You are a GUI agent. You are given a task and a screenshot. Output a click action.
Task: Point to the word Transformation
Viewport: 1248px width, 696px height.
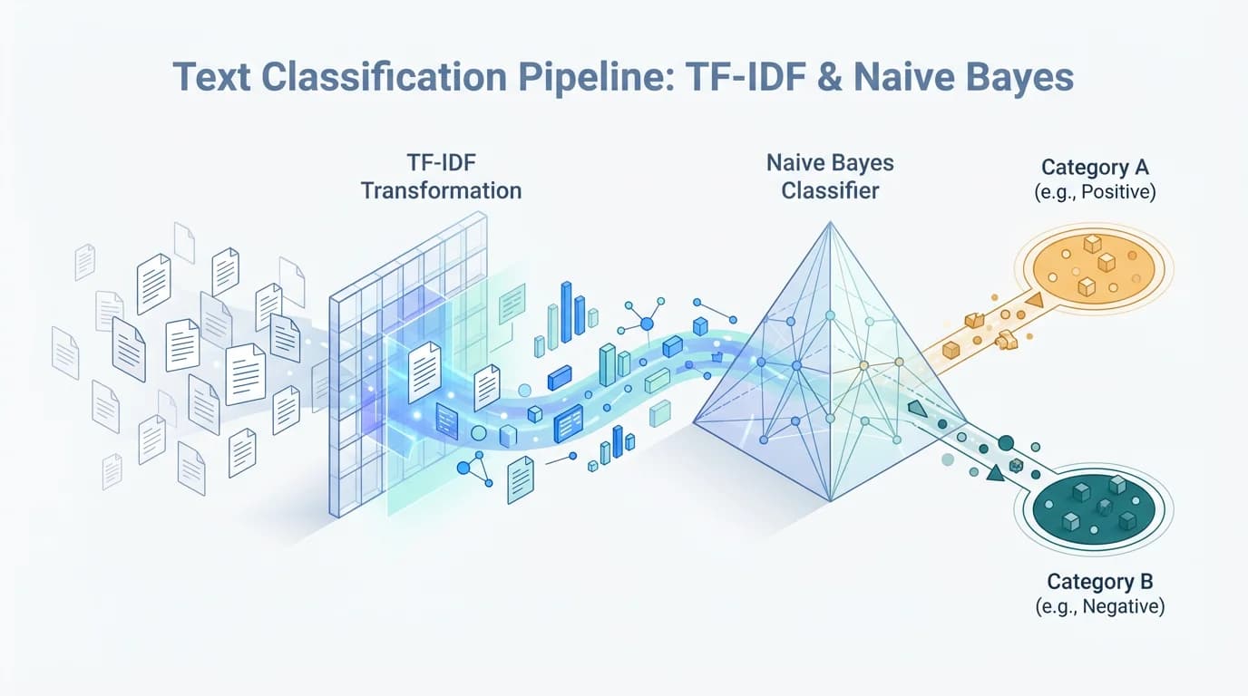pos(441,191)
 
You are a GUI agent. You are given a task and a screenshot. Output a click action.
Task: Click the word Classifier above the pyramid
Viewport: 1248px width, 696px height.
pos(830,191)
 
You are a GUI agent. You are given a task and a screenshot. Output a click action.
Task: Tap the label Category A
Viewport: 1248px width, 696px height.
pos(1095,167)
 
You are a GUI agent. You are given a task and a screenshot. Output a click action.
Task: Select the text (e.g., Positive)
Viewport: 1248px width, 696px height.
pos(1095,192)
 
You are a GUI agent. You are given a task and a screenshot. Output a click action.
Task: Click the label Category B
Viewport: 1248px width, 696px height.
pos(1099,581)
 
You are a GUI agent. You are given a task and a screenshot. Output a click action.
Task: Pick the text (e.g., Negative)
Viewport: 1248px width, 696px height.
pos(1099,606)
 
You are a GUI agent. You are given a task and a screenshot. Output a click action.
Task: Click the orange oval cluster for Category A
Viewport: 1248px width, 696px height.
pos(1098,264)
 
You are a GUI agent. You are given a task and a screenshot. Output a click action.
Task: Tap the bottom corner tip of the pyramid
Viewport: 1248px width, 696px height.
pos(830,500)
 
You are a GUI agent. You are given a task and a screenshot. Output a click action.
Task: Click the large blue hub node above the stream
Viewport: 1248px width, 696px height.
pos(647,324)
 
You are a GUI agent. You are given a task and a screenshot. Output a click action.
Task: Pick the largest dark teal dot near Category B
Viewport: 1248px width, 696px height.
pos(1005,443)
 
